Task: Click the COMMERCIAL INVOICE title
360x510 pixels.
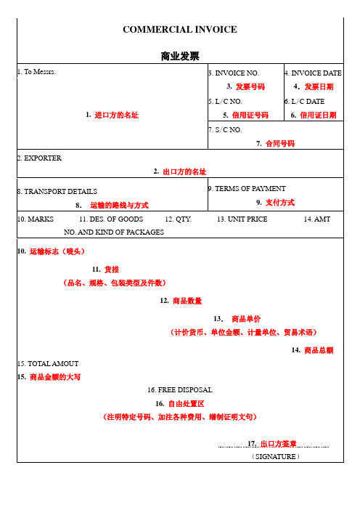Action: click(x=180, y=30)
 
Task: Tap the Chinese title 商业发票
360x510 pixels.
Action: click(x=180, y=56)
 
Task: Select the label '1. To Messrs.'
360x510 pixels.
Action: click(x=36, y=72)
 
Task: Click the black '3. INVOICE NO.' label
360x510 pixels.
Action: click(x=234, y=73)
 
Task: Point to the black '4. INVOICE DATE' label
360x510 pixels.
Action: click(x=314, y=73)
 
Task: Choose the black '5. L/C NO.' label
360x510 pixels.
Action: click(x=225, y=101)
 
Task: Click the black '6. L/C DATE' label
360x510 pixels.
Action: click(x=305, y=101)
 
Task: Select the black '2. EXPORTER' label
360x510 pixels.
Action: click(x=39, y=158)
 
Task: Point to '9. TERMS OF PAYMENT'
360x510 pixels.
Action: click(x=247, y=188)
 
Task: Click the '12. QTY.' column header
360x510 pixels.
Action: click(x=179, y=219)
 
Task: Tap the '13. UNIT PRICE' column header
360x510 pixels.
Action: click(x=242, y=219)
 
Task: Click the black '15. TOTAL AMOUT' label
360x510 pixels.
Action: click(x=47, y=363)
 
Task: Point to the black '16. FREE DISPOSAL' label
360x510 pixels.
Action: click(x=179, y=390)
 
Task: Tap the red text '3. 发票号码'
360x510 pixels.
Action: click(x=245, y=86)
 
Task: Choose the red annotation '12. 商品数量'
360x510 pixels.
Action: click(x=180, y=301)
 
